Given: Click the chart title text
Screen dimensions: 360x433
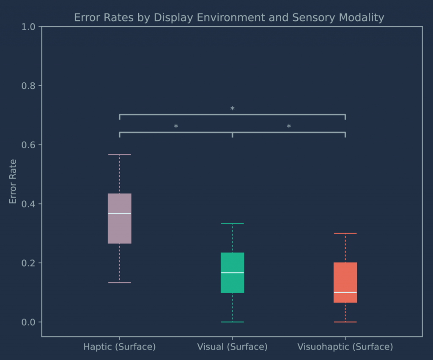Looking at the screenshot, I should pos(229,18).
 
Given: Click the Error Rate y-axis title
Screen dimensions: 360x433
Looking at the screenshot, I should pos(13,181).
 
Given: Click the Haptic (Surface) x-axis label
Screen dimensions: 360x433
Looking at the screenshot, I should pos(120,347).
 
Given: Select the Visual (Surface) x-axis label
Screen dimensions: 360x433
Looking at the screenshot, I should pos(232,347).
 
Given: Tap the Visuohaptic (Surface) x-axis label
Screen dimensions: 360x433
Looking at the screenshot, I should pos(345,347).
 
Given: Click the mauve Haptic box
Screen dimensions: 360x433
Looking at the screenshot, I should pos(120,228).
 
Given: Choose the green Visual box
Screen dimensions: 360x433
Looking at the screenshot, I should pos(232,262).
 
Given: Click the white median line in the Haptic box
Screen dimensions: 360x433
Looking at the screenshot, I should pos(120,214).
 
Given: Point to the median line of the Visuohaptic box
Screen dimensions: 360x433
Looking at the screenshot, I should pos(345,292).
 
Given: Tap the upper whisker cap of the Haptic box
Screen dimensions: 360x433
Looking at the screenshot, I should pos(120,155).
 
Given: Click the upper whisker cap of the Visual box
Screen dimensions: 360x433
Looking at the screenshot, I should pos(232,224).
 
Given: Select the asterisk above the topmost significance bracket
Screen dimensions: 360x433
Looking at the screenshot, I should pos(232,109).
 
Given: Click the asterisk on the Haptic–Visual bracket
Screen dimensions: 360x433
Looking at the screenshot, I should pos(176,127).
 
